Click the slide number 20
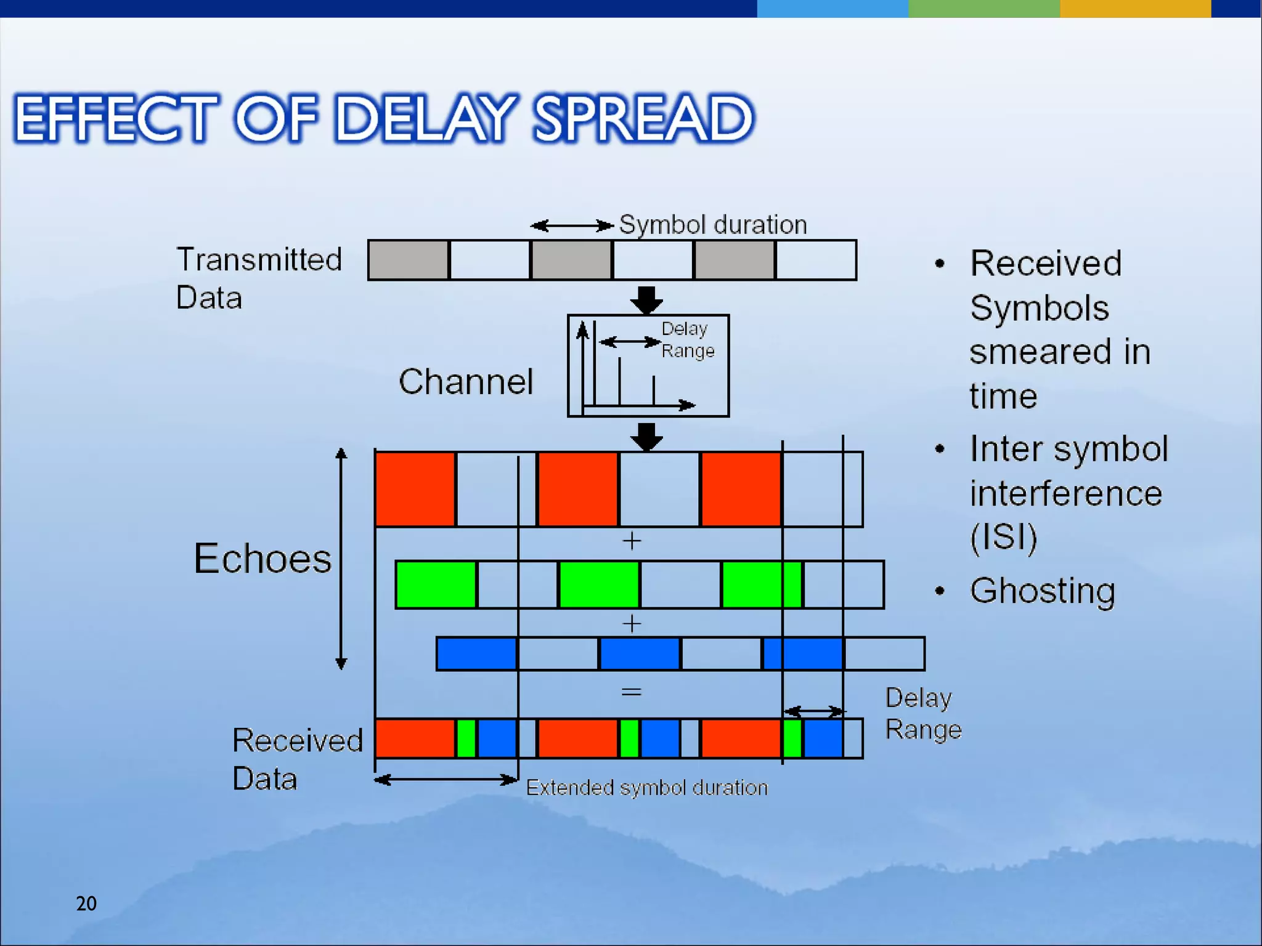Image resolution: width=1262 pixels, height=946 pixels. [86, 904]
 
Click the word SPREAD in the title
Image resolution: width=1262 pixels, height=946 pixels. [643, 118]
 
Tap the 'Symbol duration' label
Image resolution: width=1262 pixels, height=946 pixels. [712, 225]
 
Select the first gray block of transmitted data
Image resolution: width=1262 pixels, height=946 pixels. [408, 260]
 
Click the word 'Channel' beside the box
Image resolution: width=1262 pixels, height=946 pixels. [466, 381]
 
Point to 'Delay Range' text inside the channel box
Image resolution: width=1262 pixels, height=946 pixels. [687, 339]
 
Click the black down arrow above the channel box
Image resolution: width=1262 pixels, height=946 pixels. [646, 300]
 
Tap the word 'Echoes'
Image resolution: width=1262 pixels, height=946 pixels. [263, 559]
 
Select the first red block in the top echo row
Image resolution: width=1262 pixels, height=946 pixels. [415, 489]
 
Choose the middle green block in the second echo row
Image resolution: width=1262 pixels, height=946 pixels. [599, 584]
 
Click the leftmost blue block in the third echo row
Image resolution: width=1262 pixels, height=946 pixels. [476, 653]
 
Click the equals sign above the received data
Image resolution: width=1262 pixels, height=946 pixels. [631, 692]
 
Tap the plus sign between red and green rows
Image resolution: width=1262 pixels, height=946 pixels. [632, 541]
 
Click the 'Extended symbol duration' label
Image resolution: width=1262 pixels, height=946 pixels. [646, 788]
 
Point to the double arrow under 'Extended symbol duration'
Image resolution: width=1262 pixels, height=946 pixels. [446, 780]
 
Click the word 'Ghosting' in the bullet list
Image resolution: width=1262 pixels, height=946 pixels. [1042, 591]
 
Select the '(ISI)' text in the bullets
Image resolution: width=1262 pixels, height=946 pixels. [1003, 536]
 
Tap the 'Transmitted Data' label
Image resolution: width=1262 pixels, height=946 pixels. [259, 278]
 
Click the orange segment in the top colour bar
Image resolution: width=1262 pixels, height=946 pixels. [1135, 9]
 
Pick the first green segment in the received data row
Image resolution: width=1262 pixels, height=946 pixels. [466, 738]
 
